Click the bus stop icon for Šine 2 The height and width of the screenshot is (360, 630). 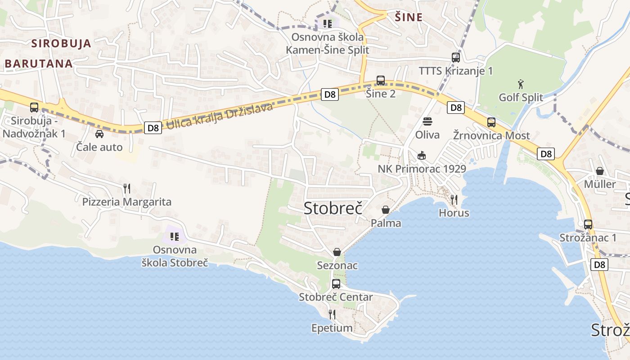(x=381, y=81)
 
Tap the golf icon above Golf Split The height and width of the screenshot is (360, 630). (x=521, y=84)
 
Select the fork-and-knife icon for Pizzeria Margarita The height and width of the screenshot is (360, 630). (x=127, y=188)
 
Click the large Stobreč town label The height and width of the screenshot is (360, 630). (x=333, y=208)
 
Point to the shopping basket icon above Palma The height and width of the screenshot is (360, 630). (x=386, y=210)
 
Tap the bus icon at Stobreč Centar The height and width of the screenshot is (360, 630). (x=336, y=284)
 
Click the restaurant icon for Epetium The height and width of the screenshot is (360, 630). (x=332, y=314)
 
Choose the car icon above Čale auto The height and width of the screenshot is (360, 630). (x=99, y=134)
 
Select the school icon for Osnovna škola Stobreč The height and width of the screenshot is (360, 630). (x=175, y=236)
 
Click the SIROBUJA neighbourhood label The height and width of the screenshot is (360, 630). (x=61, y=44)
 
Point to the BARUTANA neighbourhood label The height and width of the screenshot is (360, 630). (x=39, y=63)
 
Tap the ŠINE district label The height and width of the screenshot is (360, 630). (x=409, y=18)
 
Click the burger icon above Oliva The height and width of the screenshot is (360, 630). (x=427, y=121)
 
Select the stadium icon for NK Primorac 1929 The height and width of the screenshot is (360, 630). (x=422, y=156)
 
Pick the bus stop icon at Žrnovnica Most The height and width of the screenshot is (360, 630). (x=491, y=122)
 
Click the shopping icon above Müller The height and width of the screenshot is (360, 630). (x=599, y=171)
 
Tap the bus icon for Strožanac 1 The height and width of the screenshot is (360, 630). (x=588, y=225)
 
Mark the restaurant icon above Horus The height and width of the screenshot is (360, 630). (x=454, y=199)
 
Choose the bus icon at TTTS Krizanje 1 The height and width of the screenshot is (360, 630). (x=456, y=58)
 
